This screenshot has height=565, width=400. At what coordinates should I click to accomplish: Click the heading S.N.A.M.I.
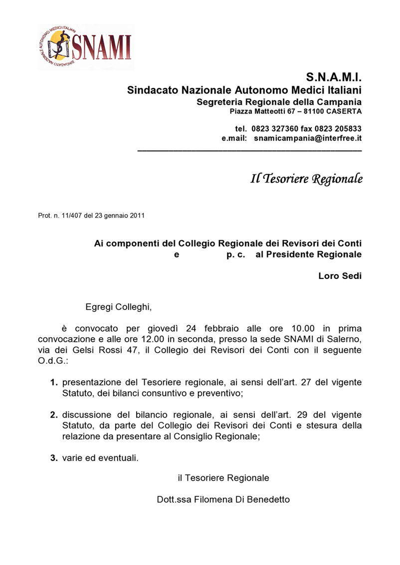click(x=333, y=77)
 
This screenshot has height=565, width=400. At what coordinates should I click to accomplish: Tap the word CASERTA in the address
click(x=344, y=111)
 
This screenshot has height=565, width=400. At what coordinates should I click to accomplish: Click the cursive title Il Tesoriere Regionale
click(x=306, y=179)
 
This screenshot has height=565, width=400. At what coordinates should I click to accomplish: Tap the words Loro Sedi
click(x=340, y=276)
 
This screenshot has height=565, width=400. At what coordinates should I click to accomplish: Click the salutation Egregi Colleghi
click(x=118, y=306)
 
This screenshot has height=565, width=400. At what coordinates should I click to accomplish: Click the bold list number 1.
click(x=53, y=383)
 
